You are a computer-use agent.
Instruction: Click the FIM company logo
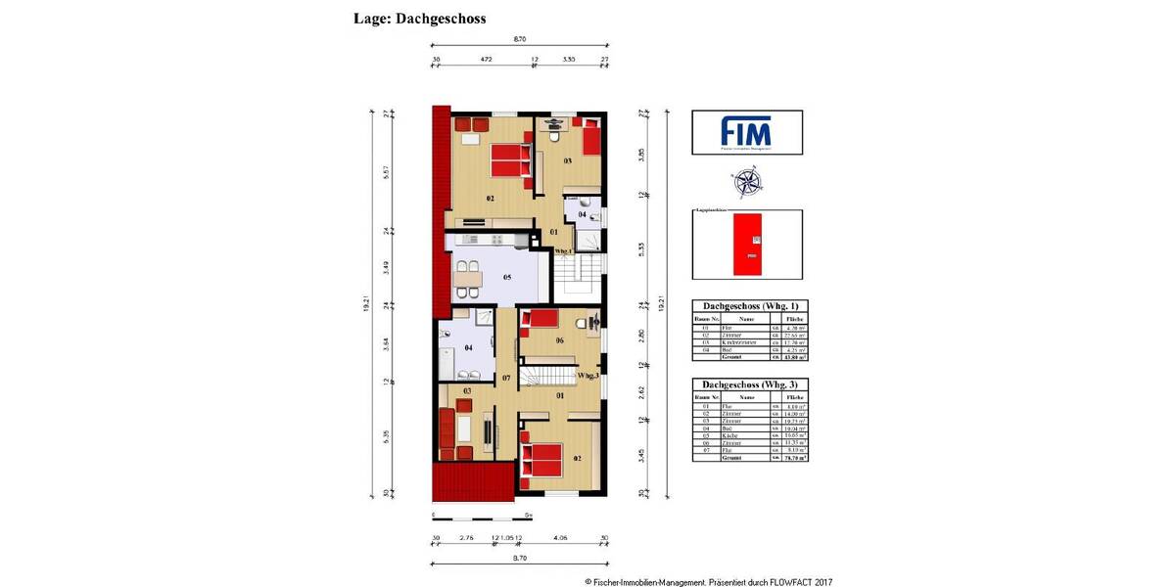point(746,132)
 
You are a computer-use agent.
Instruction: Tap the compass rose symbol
point(746,182)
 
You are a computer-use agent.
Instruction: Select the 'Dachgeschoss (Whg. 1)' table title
point(747,306)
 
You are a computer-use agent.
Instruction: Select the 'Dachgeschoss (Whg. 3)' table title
point(747,385)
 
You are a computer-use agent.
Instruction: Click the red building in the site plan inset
point(751,243)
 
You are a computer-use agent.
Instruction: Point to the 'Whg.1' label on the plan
point(563,251)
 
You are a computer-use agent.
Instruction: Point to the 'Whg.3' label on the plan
point(587,375)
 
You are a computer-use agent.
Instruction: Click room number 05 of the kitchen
point(507,278)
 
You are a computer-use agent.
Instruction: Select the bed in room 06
point(540,320)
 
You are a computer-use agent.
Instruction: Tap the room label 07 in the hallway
point(506,377)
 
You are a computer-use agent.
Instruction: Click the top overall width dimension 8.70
point(520,39)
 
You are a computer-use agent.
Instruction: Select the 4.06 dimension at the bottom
point(560,538)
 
